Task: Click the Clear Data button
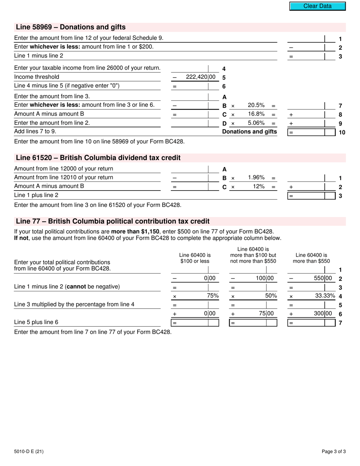tap(318, 6)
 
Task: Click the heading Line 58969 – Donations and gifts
tap(70, 27)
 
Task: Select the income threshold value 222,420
tap(200, 77)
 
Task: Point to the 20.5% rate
tap(256, 105)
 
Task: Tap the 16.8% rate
tap(256, 114)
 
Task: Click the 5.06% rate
tap(256, 123)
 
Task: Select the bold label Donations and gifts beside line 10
tap(249, 132)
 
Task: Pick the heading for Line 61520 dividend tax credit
tap(98, 158)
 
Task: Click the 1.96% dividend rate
tap(256, 177)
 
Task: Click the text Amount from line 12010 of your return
tap(63, 177)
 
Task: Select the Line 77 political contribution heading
tap(113, 221)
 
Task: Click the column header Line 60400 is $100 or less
tap(195, 258)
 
